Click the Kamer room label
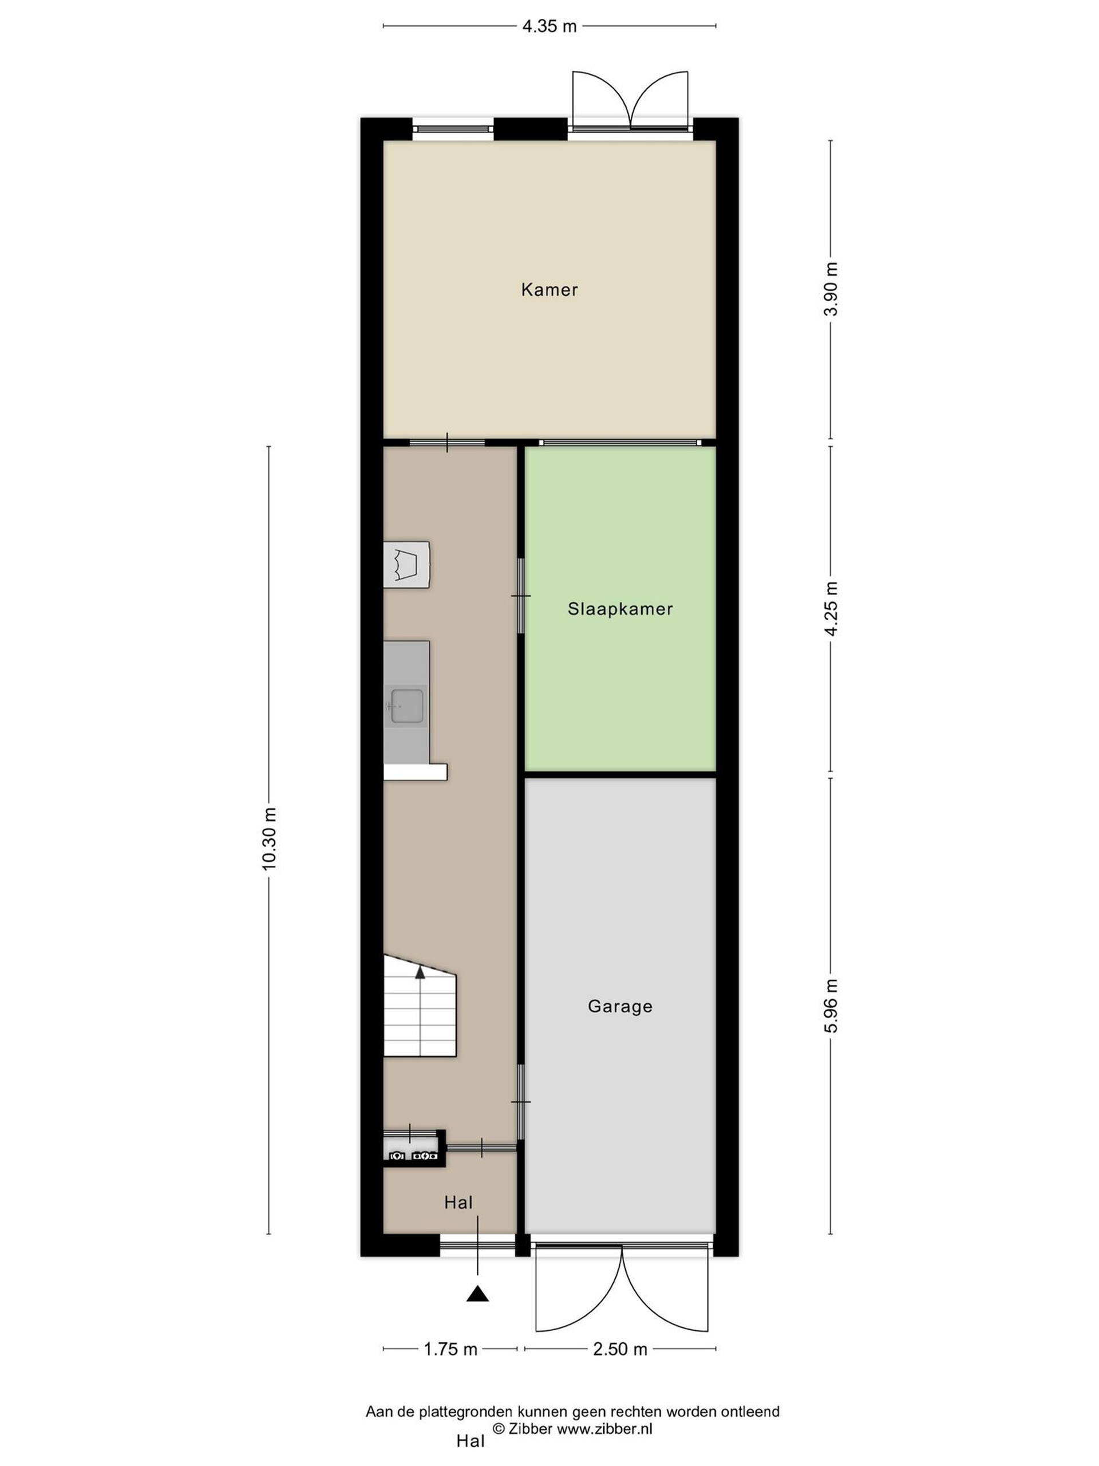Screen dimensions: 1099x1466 [x=549, y=290]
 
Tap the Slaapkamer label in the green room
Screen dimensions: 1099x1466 [x=620, y=609]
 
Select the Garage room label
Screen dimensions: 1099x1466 [x=620, y=1007]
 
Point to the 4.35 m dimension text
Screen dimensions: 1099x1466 [x=549, y=26]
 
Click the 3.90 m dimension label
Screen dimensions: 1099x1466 [x=831, y=289]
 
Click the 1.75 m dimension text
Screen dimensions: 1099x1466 [x=450, y=1349]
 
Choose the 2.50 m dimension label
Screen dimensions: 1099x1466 [x=620, y=1349]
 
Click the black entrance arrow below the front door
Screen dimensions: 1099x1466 [x=477, y=1293]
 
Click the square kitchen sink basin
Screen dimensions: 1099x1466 [x=405, y=706]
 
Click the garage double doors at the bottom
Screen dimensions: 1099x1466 [x=623, y=1280]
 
